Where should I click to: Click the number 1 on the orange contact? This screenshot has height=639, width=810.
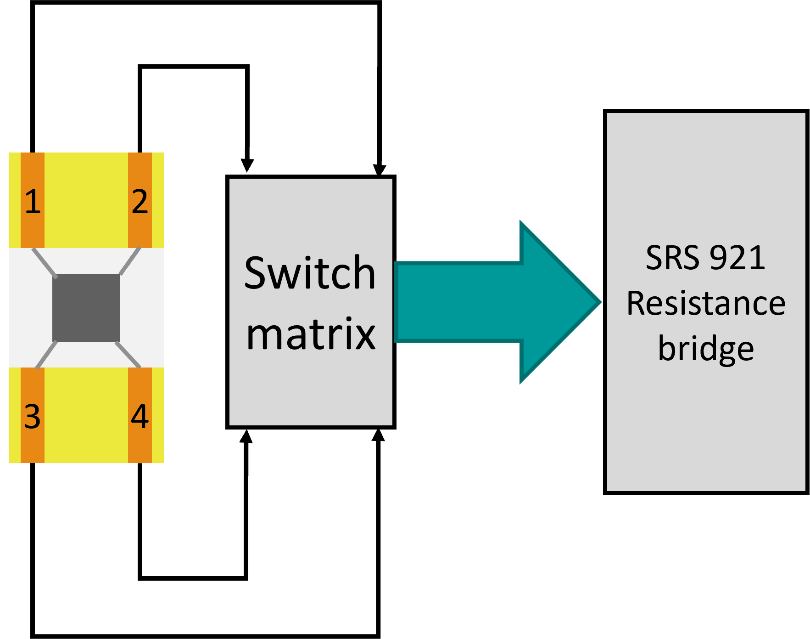(x=33, y=202)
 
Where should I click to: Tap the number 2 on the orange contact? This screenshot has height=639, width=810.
(x=140, y=202)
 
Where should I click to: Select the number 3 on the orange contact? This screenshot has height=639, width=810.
(x=33, y=417)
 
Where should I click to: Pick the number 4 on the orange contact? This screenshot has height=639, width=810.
(x=140, y=417)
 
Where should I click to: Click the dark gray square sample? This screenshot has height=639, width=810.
(x=86, y=308)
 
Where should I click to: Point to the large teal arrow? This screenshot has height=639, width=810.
(x=497, y=302)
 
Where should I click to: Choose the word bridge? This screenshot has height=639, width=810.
(x=706, y=349)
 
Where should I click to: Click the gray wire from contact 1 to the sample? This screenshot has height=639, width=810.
(x=45, y=263)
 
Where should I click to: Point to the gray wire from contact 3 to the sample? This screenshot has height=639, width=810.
(x=46, y=355)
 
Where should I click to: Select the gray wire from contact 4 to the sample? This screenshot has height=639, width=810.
(x=128, y=355)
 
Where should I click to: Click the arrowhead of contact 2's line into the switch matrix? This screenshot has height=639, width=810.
(x=247, y=166)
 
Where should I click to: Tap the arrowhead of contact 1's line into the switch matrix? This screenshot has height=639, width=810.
(x=379, y=170)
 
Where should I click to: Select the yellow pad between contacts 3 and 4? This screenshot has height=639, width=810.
(x=86, y=415)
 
